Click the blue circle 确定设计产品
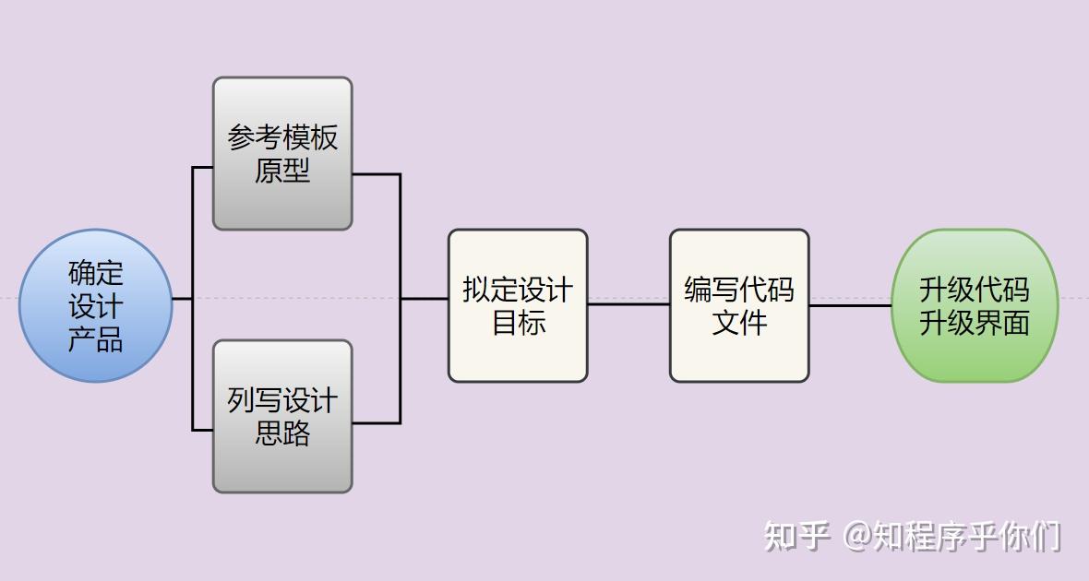coord(96,305)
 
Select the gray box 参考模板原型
coord(282,153)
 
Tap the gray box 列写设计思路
coord(282,416)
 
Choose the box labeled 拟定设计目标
coord(518,305)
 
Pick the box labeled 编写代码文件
coord(739,305)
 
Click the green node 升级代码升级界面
coord(975,305)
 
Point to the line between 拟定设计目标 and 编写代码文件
coord(628,304)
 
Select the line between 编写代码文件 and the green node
coord(850,305)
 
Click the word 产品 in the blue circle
coord(96,339)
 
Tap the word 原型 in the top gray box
coord(282,171)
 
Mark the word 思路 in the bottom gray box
coord(282,433)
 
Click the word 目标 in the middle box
coord(518,323)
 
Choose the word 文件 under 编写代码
coord(739,323)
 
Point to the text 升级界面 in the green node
coord(975,323)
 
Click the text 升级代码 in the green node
coord(975,290)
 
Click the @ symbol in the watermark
coord(856,536)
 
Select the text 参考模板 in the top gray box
coord(282,137)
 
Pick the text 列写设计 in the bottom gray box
coord(282,400)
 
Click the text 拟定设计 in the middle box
coord(518,290)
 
